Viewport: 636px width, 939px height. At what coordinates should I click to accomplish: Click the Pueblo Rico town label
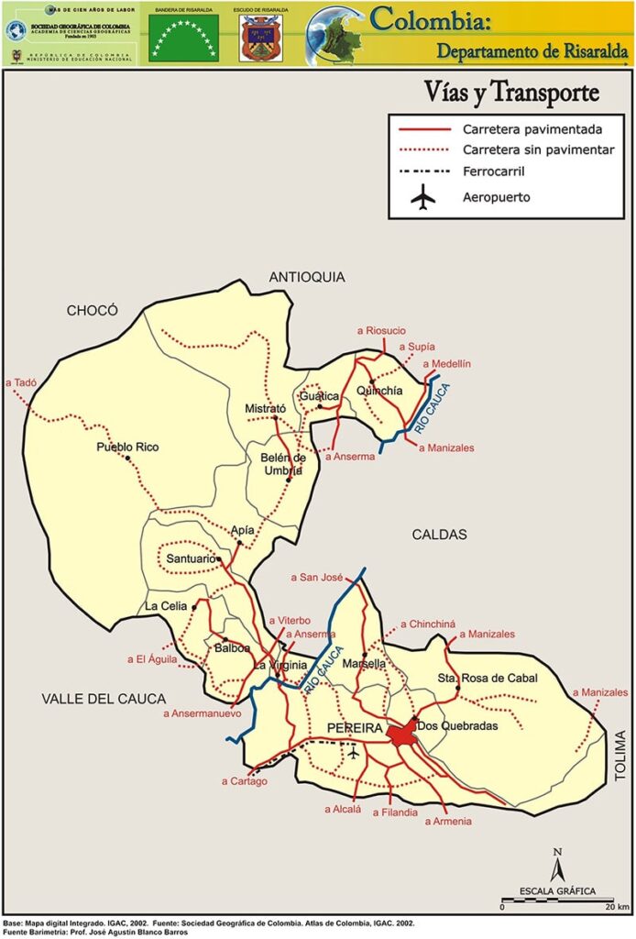pyautogui.click(x=127, y=447)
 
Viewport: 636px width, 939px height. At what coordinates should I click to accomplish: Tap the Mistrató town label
pyautogui.click(x=266, y=408)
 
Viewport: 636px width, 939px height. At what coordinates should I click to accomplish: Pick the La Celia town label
pyautogui.click(x=166, y=606)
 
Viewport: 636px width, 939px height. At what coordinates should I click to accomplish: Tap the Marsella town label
pyautogui.click(x=364, y=663)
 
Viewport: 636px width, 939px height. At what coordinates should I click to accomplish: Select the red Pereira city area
pyautogui.click(x=400, y=735)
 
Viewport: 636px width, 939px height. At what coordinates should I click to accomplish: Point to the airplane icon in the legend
pyautogui.click(x=422, y=197)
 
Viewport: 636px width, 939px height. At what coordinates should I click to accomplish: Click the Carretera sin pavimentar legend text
pyautogui.click(x=532, y=149)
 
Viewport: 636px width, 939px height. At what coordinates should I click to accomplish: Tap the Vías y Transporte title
pyautogui.click(x=510, y=93)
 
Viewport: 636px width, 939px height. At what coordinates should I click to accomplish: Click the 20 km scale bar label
pyautogui.click(x=616, y=907)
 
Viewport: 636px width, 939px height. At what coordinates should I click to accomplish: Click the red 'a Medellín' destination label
pyautogui.click(x=446, y=364)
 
